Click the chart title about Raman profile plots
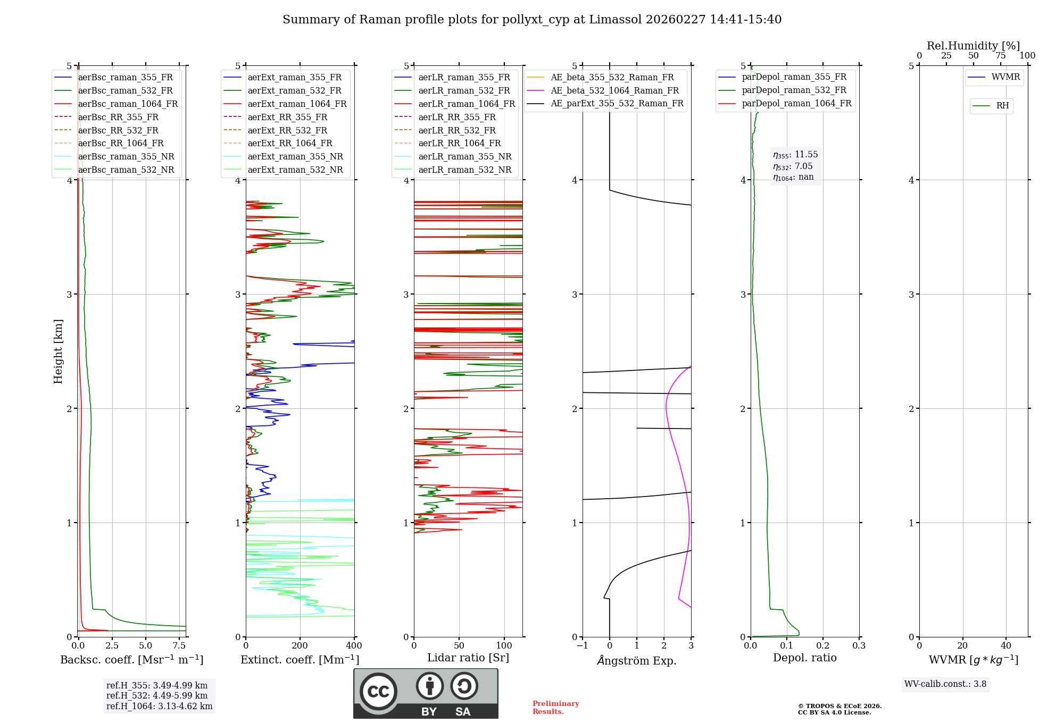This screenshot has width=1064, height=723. click(532, 20)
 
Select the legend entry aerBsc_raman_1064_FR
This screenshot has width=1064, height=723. click(128, 104)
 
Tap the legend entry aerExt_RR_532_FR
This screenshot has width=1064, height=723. click(287, 130)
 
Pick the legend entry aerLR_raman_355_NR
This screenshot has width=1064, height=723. click(464, 156)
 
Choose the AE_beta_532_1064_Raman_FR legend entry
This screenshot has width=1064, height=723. click(614, 90)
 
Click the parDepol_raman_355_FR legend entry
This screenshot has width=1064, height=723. click(794, 77)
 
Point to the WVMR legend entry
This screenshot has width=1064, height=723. click(1005, 77)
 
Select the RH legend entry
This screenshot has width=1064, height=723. click(1002, 106)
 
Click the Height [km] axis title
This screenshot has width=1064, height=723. click(58, 351)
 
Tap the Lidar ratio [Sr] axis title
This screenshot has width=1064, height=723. click(468, 658)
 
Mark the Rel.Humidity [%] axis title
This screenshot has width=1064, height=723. click(973, 46)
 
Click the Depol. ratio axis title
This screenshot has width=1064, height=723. click(804, 658)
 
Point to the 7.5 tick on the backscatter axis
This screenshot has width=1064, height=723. click(179, 646)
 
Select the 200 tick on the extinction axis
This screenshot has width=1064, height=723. click(300, 646)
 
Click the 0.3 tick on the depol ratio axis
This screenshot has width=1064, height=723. click(859, 646)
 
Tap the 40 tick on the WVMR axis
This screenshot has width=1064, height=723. click(1005, 646)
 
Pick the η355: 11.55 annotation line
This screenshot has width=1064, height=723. click(795, 155)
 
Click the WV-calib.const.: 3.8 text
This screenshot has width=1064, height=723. click(945, 684)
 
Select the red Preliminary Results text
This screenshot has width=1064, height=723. click(555, 708)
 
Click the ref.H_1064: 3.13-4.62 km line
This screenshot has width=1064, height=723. click(159, 707)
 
